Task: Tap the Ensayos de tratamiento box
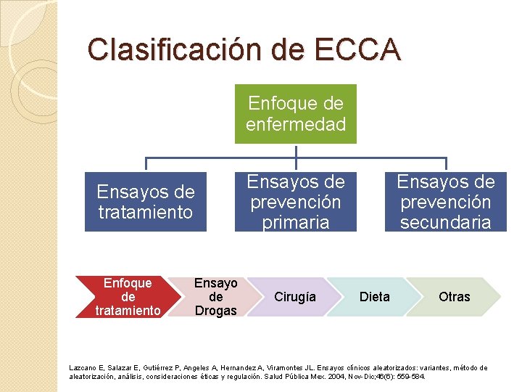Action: tap(146, 202)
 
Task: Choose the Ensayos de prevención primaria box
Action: tap(296, 202)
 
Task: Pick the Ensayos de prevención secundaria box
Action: tap(445, 202)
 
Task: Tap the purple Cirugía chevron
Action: tap(295, 297)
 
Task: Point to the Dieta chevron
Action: tap(375, 297)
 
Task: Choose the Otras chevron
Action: tap(455, 297)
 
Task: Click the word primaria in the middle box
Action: tap(295, 222)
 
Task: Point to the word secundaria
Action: tap(445, 222)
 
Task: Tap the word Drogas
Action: tap(215, 311)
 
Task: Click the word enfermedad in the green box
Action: tap(296, 124)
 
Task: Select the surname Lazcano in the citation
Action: tap(83, 368)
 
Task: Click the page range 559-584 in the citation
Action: tap(412, 377)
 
